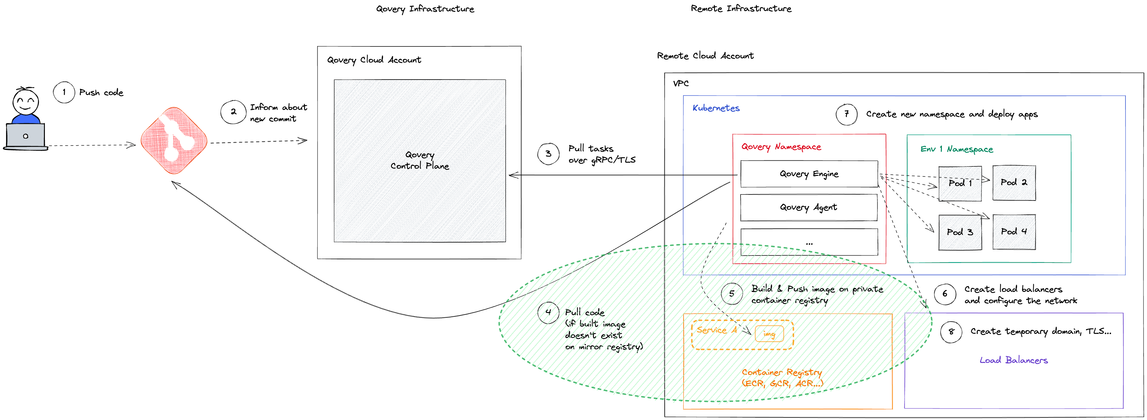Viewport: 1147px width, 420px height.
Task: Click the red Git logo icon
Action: pyautogui.click(x=174, y=140)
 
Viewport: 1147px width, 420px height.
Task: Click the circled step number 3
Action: pyautogui.click(x=548, y=154)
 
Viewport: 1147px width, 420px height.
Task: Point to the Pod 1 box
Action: pyautogui.click(x=960, y=183)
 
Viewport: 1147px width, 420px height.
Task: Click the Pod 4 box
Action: pyautogui.click(x=1014, y=232)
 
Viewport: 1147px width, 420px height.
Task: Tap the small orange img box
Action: pyautogui.click(x=769, y=334)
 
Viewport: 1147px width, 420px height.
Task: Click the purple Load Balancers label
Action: pyautogui.click(x=1013, y=360)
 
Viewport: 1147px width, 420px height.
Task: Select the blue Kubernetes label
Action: pyautogui.click(x=716, y=108)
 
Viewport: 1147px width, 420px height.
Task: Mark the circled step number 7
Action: pyautogui.click(x=846, y=114)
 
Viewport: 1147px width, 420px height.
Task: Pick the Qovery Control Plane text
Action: pyautogui.click(x=419, y=160)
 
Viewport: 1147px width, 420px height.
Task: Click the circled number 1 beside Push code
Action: pyautogui.click(x=64, y=92)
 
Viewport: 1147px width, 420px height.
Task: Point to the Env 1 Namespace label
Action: pyautogui.click(x=956, y=149)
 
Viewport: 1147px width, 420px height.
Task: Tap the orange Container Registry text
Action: pyautogui.click(x=782, y=378)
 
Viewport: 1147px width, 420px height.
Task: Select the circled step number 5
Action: pyautogui.click(x=732, y=294)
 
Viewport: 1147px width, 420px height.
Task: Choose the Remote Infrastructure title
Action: pyautogui.click(x=741, y=9)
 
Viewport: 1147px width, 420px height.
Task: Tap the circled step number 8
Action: pyautogui.click(x=951, y=332)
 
